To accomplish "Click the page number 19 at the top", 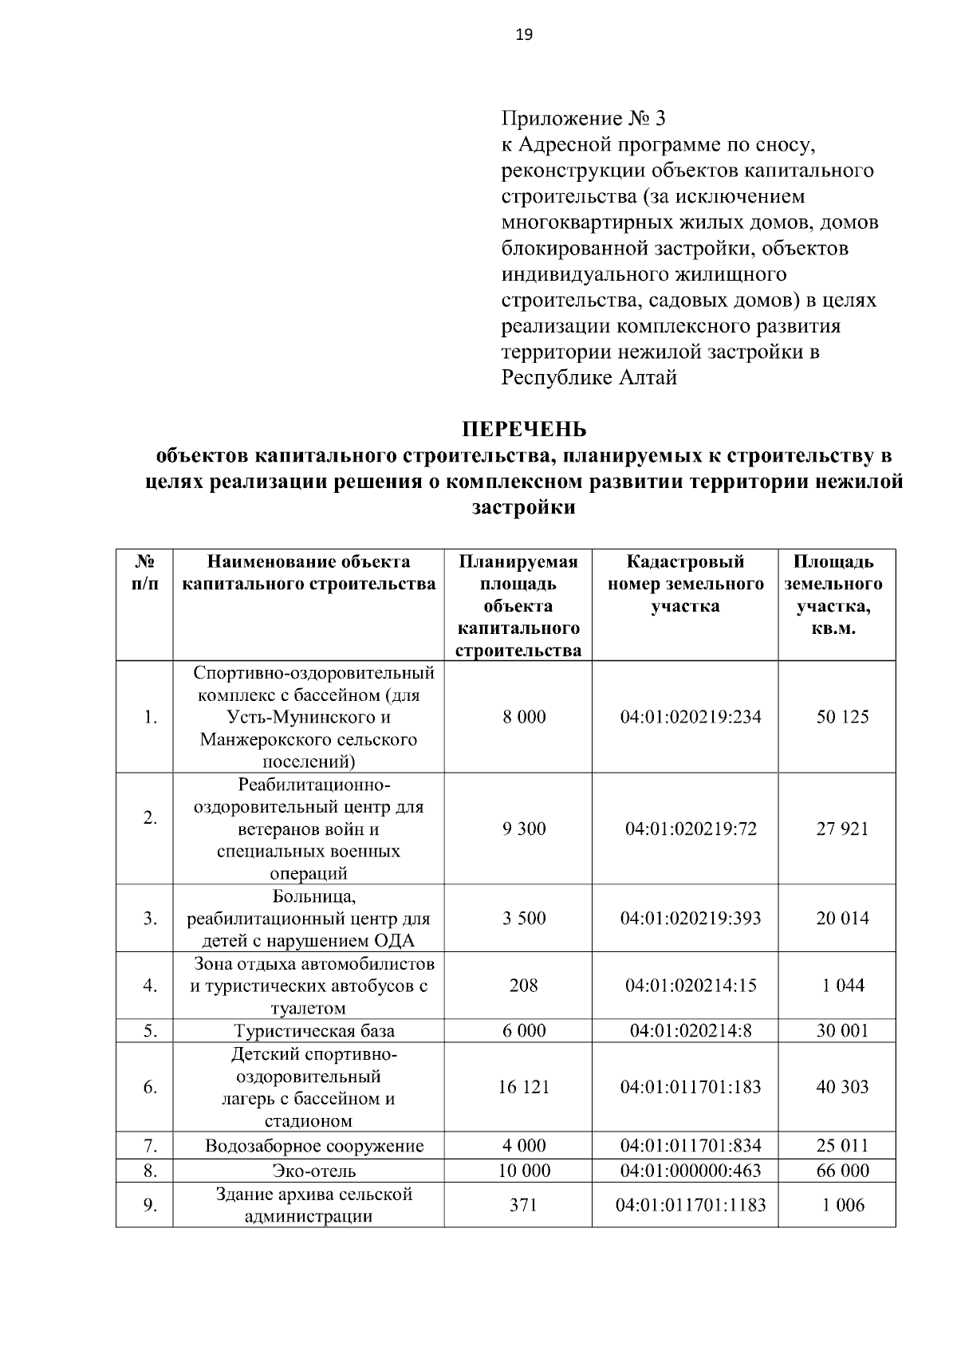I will [524, 34].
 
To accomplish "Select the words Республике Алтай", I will [589, 378].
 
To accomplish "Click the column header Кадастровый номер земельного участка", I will [685, 584].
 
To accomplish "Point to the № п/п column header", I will [144, 573].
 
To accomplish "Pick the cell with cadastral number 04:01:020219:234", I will [691, 717].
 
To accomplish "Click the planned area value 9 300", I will [524, 829].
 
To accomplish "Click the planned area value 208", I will [524, 986].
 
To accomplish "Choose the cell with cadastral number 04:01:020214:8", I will [691, 1031].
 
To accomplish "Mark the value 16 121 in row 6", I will [524, 1088].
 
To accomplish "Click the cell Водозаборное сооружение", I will [314, 1147].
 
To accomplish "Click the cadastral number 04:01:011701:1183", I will [691, 1205].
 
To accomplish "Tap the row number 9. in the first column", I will [150, 1205].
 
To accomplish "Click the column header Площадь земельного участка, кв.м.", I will [836, 595].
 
